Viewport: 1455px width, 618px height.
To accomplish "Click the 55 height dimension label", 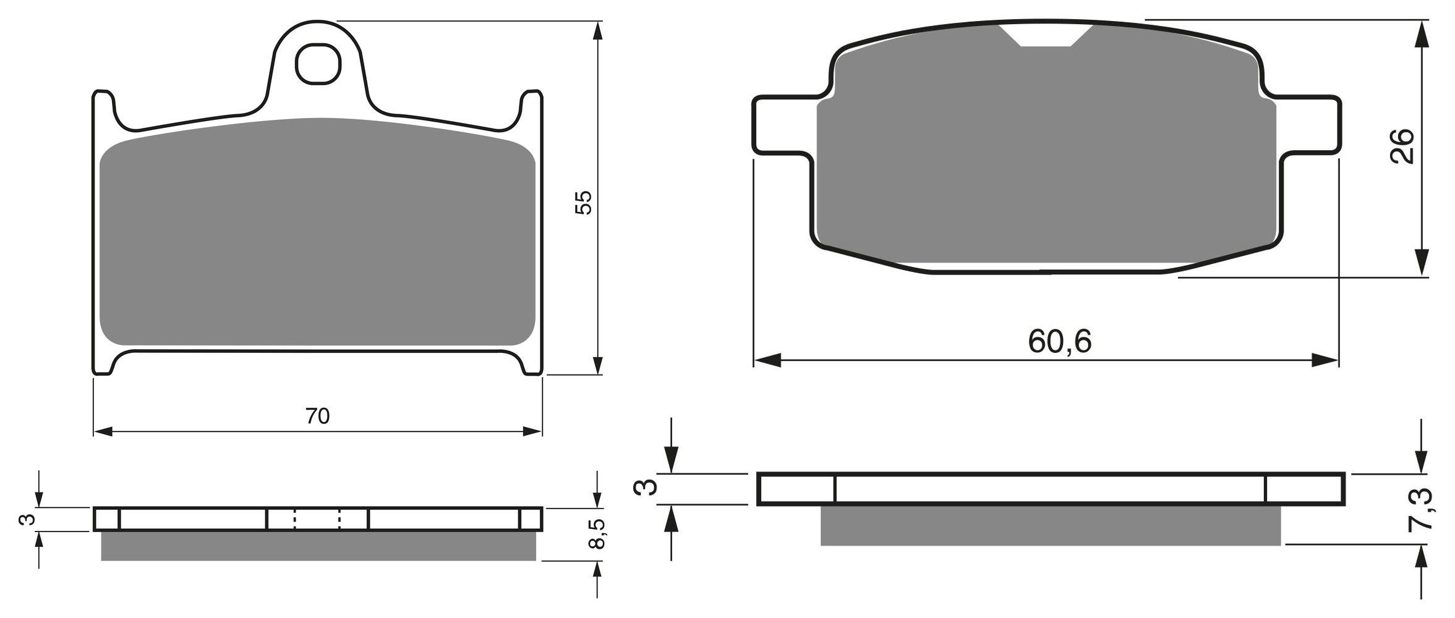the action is [583, 203].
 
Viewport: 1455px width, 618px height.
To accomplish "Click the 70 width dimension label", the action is [317, 416].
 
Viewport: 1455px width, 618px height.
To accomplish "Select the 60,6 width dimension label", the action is [1060, 341].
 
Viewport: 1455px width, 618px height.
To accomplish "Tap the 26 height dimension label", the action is [1402, 146].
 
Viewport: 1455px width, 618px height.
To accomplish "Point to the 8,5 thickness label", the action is [596, 534].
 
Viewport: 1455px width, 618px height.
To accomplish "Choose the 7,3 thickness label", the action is [1419, 509].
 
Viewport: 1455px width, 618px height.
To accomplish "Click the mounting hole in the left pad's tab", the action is [318, 64].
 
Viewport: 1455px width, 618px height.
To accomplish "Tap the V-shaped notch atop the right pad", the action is [1046, 35].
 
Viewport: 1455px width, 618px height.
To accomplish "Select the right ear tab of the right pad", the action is [1309, 124].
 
